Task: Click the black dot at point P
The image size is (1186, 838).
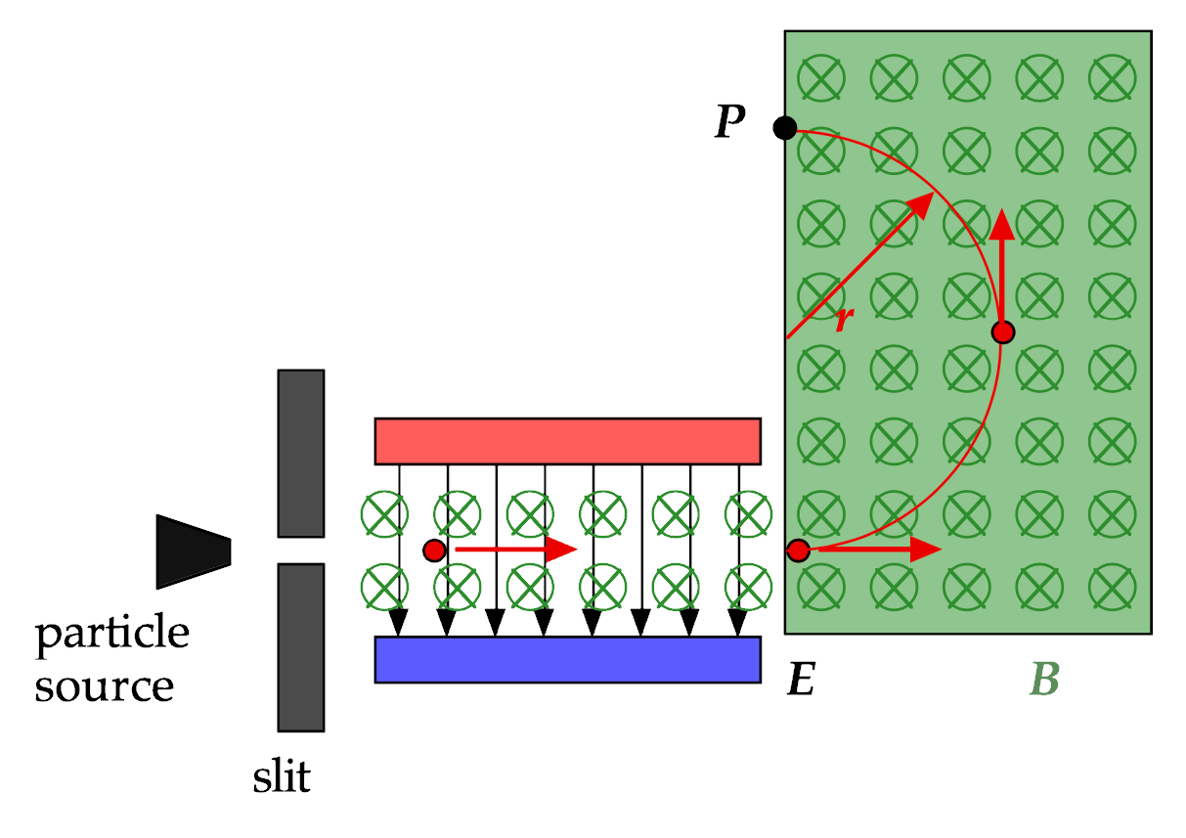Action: [x=785, y=127]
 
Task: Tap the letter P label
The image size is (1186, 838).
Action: [x=730, y=120]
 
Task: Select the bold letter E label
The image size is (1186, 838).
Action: [x=801, y=679]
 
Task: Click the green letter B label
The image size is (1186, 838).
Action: [x=1044, y=679]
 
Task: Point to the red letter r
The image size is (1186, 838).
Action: [x=845, y=318]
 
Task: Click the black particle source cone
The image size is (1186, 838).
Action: [x=194, y=551]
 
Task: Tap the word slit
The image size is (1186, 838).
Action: [x=282, y=776]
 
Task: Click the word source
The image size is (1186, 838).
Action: [x=105, y=686]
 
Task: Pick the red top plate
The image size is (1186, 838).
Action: [x=568, y=442]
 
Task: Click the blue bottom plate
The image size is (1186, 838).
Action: [x=568, y=660]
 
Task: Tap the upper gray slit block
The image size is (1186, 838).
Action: [x=301, y=454]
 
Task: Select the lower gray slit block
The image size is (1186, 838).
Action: [x=301, y=647]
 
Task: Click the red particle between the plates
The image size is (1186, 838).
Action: [x=434, y=551]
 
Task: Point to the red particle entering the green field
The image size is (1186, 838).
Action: [x=799, y=551]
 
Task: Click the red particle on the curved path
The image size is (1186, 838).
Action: [x=1003, y=332]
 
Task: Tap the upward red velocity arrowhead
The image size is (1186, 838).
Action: [x=1002, y=225]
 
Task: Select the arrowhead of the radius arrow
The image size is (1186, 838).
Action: [x=920, y=205]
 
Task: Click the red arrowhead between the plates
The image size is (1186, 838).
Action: [x=561, y=550]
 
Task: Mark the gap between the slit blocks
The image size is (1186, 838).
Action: [x=301, y=551]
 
